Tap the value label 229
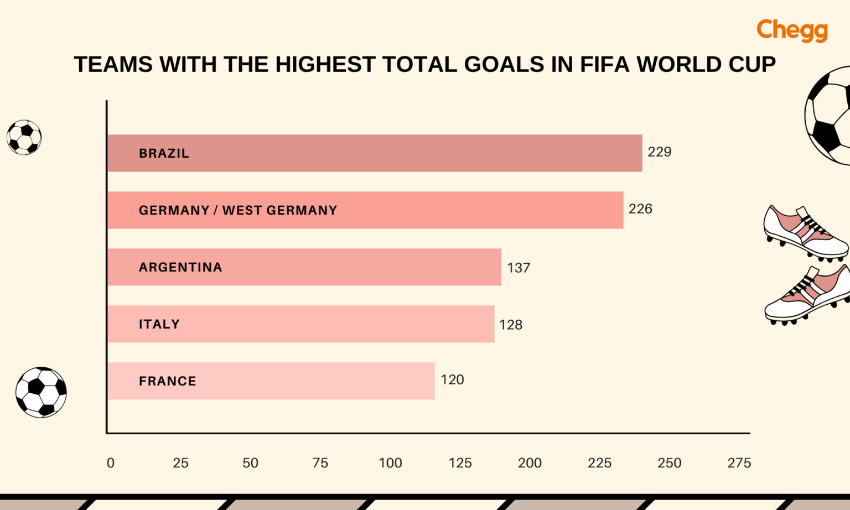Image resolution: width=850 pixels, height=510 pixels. pyautogui.click(x=659, y=152)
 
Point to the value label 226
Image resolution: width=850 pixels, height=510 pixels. pyautogui.click(x=640, y=209)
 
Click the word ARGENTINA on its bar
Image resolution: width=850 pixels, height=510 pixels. pyautogui.click(x=180, y=267)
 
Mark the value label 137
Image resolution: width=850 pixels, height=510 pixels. pyautogui.click(x=519, y=268)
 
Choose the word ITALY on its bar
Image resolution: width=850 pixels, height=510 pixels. pyautogui.click(x=159, y=324)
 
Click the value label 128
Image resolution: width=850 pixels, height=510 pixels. pyautogui.click(x=511, y=325)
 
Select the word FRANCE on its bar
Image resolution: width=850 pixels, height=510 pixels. pyautogui.click(x=168, y=381)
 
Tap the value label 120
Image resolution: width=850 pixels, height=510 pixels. pyautogui.click(x=452, y=380)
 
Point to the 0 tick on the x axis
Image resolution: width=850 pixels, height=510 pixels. pyautogui.click(x=111, y=463)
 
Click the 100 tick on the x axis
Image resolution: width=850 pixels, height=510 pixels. pyautogui.click(x=390, y=463)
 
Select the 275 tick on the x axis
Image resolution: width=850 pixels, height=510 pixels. pyautogui.click(x=739, y=463)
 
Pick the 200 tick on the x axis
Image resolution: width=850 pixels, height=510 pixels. pyautogui.click(x=530, y=463)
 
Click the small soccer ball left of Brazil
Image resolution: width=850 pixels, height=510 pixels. pyautogui.click(x=24, y=137)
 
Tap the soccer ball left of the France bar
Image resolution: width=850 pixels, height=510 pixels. pyautogui.click(x=41, y=392)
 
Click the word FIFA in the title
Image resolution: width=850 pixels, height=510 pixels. pyautogui.click(x=605, y=65)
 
